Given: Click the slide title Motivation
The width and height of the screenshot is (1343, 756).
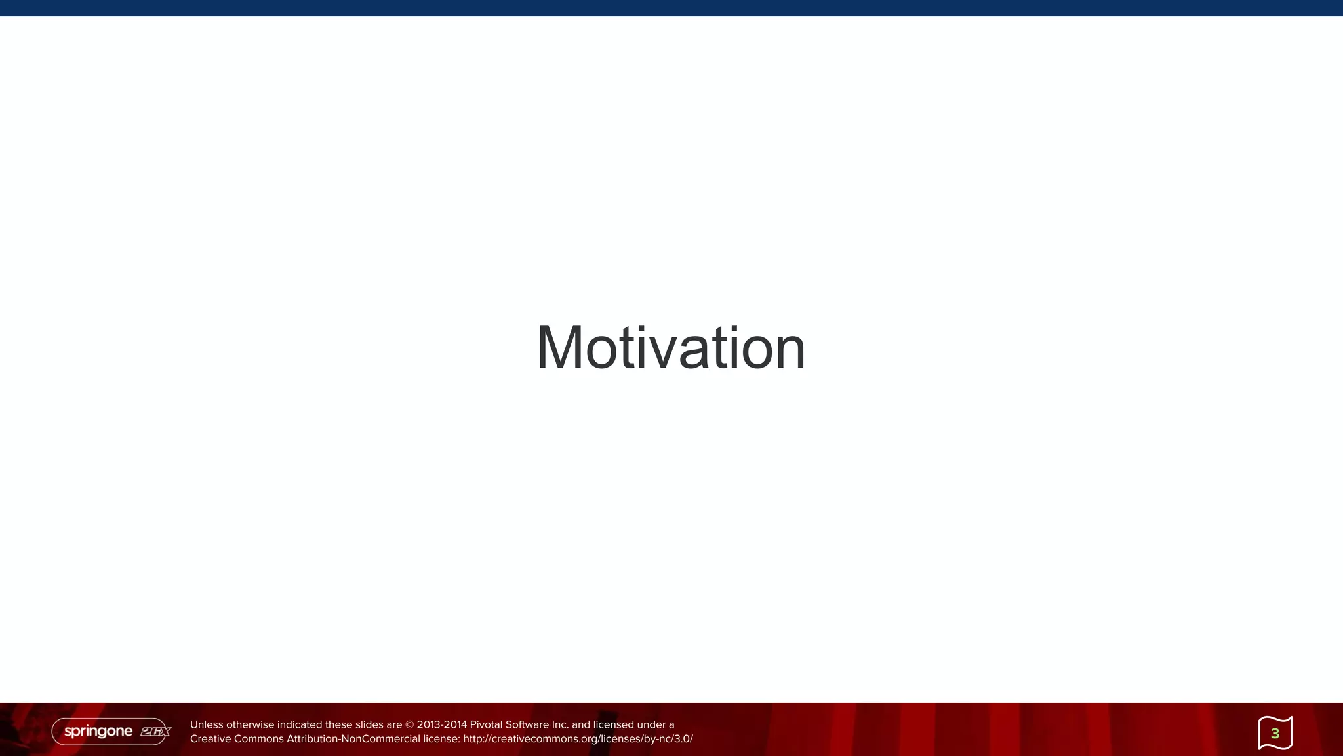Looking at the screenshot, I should pyautogui.click(x=670, y=348).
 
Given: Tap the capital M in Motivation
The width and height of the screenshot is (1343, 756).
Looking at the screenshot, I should pyautogui.click(x=560, y=348).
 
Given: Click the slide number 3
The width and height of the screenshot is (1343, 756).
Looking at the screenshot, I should pyautogui.click(x=1275, y=734).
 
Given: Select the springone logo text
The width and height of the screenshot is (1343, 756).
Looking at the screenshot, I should pyautogui.click(x=98, y=731).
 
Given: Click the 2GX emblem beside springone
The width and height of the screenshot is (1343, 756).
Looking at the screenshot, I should pyautogui.click(x=155, y=731).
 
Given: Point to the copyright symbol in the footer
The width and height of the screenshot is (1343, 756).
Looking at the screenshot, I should pyautogui.click(x=410, y=725).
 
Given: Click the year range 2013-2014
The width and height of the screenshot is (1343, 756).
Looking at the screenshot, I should pyautogui.click(x=442, y=725).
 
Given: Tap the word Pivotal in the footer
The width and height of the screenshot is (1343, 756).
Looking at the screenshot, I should pyautogui.click(x=486, y=725).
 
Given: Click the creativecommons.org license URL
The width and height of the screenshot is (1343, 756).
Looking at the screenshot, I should pyautogui.click(x=578, y=739).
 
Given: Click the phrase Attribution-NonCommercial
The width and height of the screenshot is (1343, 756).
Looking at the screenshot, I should pyautogui.click(x=353, y=739).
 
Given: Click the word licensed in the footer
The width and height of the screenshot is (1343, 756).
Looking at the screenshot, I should pyautogui.click(x=614, y=725).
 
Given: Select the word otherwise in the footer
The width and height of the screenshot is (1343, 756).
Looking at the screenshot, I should pyautogui.click(x=250, y=725).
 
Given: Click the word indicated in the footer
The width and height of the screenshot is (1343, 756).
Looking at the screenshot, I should pyautogui.click(x=300, y=725).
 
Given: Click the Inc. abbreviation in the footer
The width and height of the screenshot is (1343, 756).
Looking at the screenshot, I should pyautogui.click(x=560, y=725).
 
